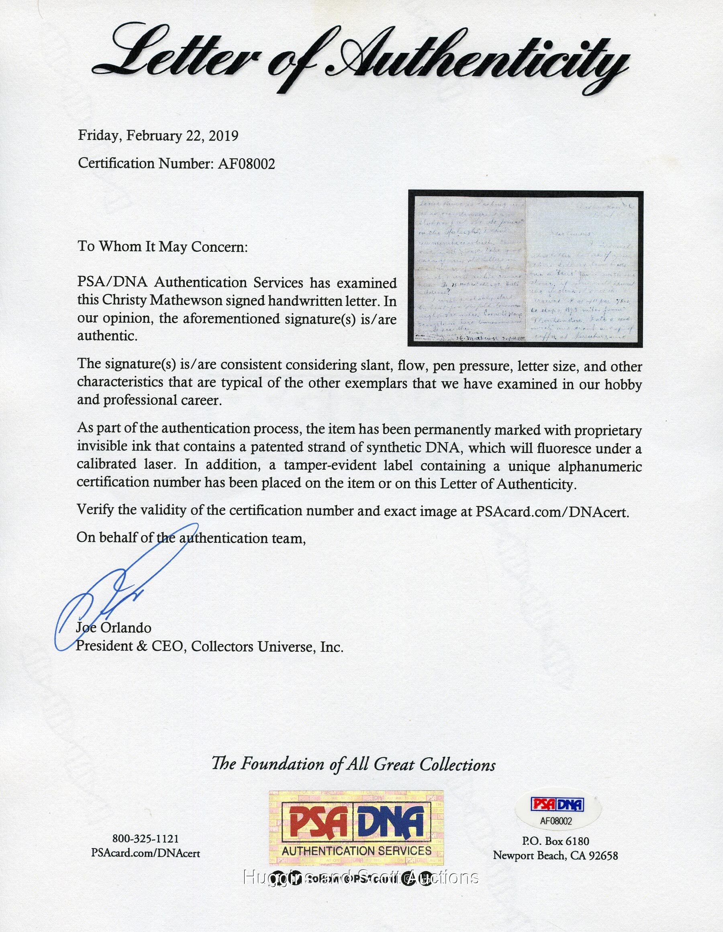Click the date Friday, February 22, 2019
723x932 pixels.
(x=158, y=136)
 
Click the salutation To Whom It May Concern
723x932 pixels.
(x=162, y=247)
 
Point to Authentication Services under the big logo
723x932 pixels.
(x=356, y=850)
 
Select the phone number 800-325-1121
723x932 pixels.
(x=145, y=838)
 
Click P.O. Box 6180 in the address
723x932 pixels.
(x=555, y=841)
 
